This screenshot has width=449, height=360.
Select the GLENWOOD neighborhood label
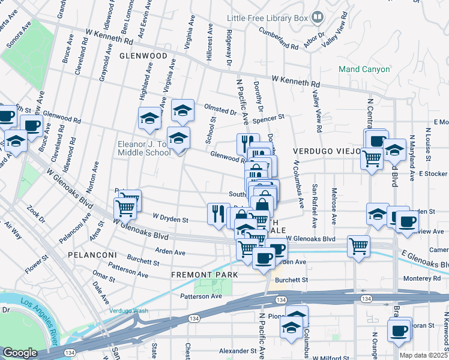[143, 55]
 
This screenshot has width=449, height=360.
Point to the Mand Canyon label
[364, 69]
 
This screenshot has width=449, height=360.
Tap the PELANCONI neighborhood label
[90, 255]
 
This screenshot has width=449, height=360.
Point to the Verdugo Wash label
[128, 311]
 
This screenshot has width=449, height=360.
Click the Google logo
[19, 353]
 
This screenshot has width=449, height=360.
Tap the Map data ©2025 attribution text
[424, 355]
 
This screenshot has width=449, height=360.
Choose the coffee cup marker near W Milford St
[400, 330]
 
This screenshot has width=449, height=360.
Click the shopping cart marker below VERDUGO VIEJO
[372, 159]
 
